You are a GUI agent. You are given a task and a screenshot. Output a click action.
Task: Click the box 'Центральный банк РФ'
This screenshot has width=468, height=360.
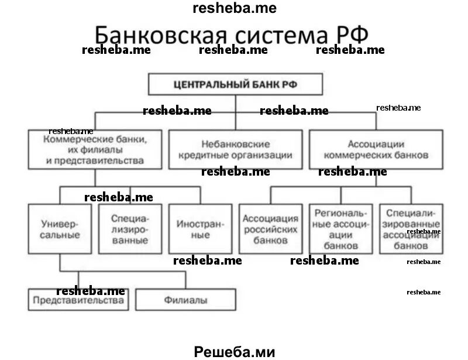(x=235, y=84)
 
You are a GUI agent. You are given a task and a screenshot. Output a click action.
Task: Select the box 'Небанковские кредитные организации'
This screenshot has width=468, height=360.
(x=235, y=149)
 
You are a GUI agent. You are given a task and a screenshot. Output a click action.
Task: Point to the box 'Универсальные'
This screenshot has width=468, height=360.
(x=60, y=229)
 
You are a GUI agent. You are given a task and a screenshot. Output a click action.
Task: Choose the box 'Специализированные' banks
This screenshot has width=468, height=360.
(x=129, y=229)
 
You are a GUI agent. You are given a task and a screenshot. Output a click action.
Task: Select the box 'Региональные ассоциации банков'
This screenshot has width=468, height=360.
(x=340, y=229)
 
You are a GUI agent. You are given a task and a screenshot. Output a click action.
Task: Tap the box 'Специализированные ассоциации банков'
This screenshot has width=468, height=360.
(x=409, y=229)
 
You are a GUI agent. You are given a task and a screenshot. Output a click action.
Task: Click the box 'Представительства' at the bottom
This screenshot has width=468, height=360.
(x=78, y=300)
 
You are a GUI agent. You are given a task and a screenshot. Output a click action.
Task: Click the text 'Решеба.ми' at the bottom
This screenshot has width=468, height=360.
(x=234, y=351)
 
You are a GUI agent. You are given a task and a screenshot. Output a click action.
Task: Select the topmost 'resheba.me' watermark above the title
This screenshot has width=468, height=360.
(x=234, y=8)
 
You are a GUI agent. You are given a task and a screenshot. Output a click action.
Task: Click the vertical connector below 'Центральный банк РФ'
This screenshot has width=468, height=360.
(x=235, y=111)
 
